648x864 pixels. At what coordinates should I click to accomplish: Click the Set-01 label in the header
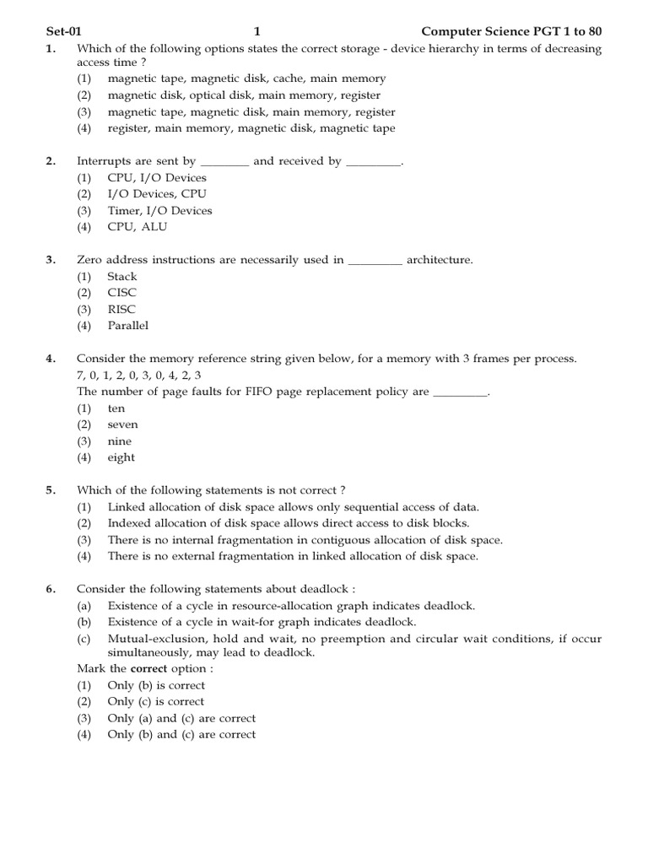(x=62, y=32)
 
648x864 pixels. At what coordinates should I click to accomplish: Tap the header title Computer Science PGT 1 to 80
(x=511, y=32)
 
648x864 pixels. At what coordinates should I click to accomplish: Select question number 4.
(x=51, y=359)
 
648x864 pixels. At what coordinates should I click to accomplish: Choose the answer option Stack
(x=121, y=277)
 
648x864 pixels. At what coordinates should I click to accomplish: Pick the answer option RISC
(x=121, y=310)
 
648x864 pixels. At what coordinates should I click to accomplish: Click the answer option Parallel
(x=127, y=326)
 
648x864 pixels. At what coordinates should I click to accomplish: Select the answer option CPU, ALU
(x=137, y=227)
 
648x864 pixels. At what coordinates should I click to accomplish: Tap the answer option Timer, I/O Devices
(x=159, y=211)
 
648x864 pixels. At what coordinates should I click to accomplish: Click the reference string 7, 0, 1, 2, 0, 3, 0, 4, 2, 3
(x=139, y=375)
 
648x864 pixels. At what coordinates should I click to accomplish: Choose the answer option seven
(x=122, y=424)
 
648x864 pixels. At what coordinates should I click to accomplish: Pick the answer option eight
(x=121, y=457)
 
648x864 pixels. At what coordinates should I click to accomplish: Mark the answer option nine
(x=120, y=441)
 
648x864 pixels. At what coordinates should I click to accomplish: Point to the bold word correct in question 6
(x=148, y=669)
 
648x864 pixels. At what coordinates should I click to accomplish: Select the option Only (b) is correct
(x=156, y=685)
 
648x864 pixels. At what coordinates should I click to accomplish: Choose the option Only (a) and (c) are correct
(x=181, y=718)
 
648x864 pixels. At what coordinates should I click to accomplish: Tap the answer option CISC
(x=121, y=293)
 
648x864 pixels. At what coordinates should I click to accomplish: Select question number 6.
(x=51, y=590)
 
